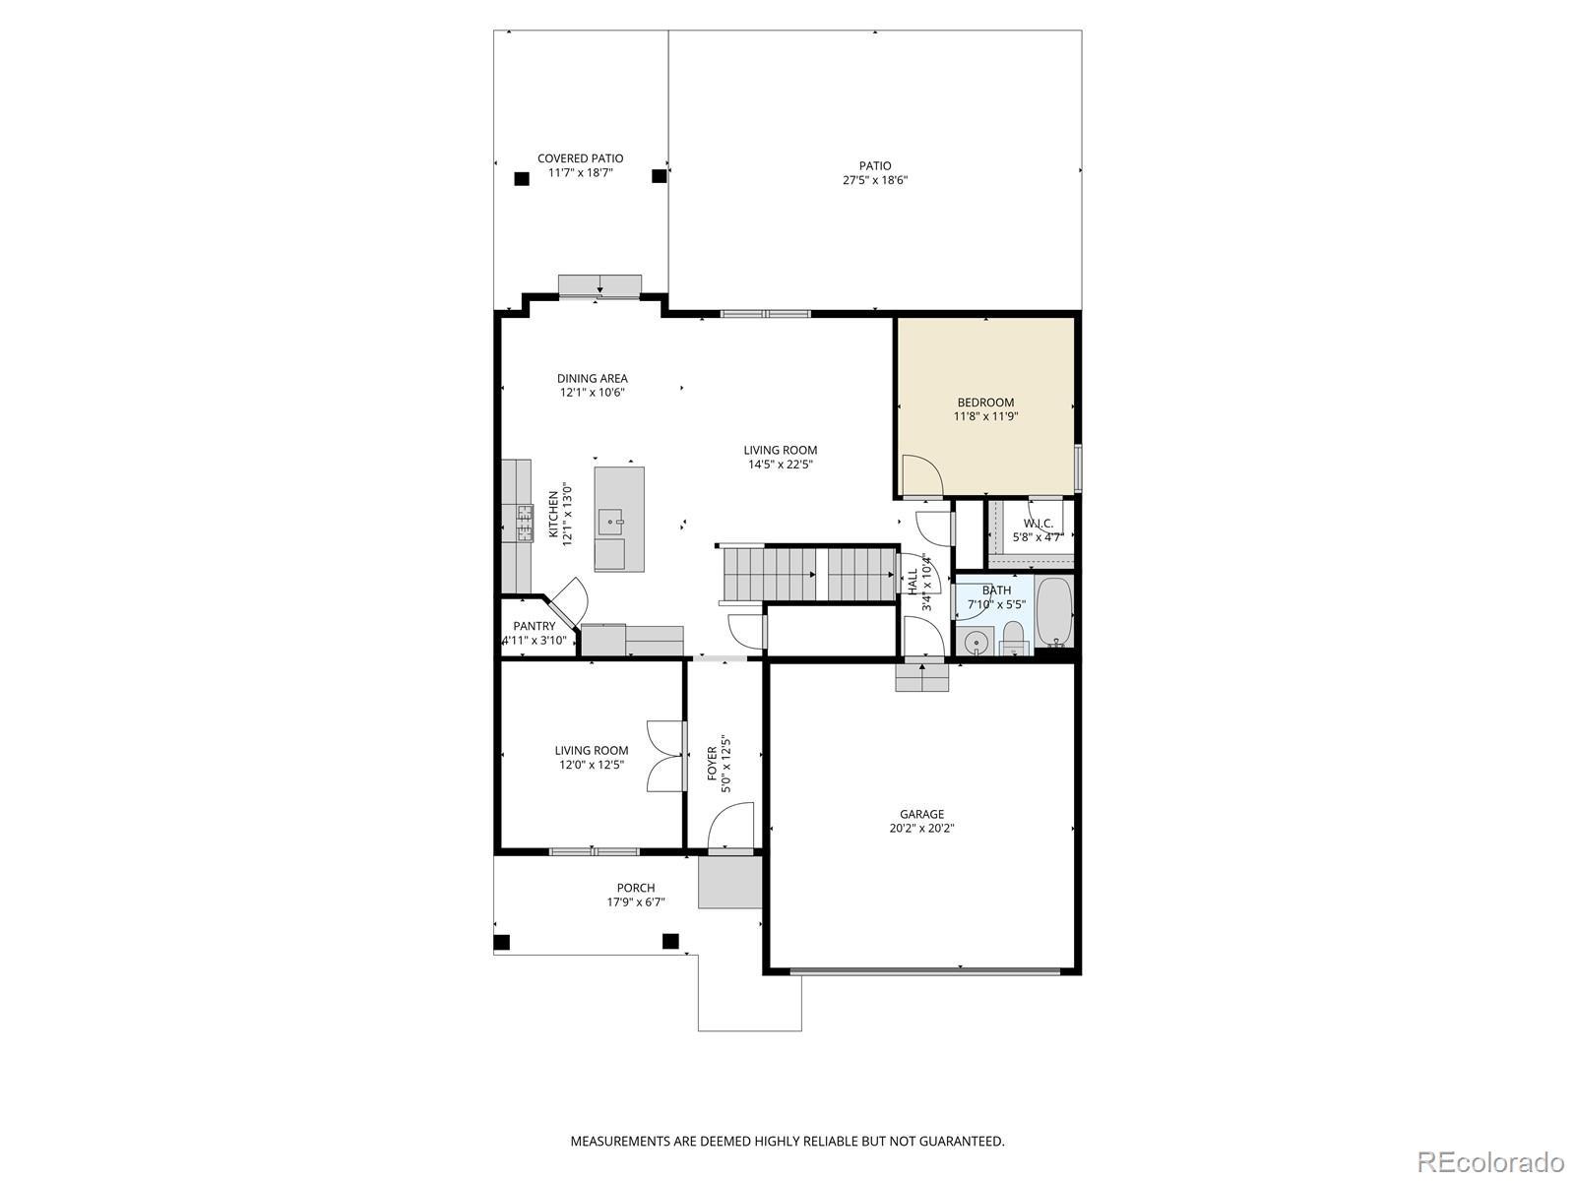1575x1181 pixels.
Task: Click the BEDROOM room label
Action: [x=985, y=403]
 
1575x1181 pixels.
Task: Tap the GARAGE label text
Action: [x=921, y=814]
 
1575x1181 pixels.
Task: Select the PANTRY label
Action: [x=534, y=626]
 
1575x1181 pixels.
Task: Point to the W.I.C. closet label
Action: [x=1038, y=524]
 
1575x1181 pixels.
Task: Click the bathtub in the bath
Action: [x=1054, y=612]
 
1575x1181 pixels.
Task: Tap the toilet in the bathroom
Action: [x=1013, y=639]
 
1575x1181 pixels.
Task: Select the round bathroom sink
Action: [x=974, y=642]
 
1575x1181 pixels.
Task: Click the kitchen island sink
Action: [x=610, y=522]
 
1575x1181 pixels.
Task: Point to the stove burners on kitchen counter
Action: [x=525, y=522]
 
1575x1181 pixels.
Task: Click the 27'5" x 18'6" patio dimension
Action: [x=875, y=180]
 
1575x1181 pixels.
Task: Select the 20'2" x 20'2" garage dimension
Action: [x=921, y=829]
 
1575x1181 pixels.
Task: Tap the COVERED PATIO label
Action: [x=580, y=158]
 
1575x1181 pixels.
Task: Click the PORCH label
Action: [x=636, y=888]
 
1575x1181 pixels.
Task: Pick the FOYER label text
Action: [x=712, y=764]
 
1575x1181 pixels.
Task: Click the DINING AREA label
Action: [x=592, y=378]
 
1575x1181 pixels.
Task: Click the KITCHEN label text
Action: [x=553, y=514]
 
